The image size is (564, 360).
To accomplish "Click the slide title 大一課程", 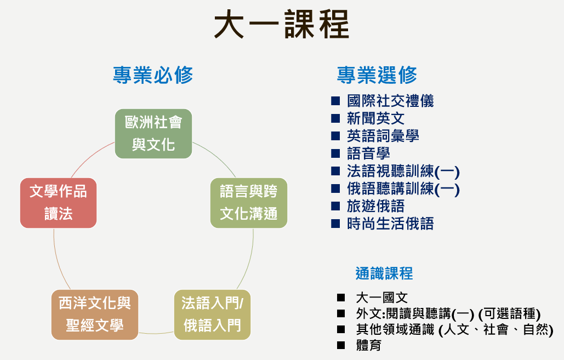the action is [282, 25].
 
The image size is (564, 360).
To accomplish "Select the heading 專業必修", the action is [153, 75].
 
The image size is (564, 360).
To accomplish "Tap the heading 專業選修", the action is [377, 75].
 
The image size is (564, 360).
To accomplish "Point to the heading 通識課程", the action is [384, 273].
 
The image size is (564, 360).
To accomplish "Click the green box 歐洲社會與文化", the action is [153, 134].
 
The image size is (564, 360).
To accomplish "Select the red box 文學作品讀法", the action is [58, 203].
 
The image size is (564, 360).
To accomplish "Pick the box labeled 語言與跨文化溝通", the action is [248, 203].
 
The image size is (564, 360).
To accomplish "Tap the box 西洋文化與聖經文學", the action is [95, 315].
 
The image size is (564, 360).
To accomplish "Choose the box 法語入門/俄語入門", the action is [212, 315].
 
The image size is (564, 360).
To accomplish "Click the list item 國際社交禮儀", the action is [390, 101].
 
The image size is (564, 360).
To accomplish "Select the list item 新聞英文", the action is [375, 118].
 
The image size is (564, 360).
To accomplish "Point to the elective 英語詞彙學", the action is [383, 136].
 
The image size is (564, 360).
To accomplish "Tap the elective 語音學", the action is [368, 153].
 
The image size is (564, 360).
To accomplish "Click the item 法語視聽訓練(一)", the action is [403, 171].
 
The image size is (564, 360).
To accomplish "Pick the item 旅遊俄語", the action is [375, 207].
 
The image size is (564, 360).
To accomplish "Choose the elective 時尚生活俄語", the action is [390, 224].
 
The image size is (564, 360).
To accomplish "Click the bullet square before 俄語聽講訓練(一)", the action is [335, 188].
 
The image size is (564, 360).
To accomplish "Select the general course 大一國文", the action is [381, 298].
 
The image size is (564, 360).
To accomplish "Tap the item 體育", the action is [369, 345].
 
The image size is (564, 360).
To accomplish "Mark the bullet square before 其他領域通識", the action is [341, 329].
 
